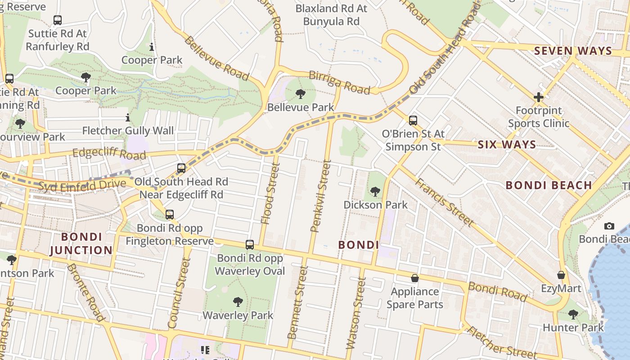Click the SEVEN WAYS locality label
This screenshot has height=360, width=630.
pyautogui.click(x=573, y=51)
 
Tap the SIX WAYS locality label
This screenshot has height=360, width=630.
pyautogui.click(x=507, y=144)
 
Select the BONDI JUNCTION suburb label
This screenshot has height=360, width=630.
pyautogui.click(x=81, y=243)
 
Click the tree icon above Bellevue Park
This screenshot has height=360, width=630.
pyautogui.click(x=301, y=94)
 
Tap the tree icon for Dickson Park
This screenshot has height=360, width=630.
pyautogui.click(x=375, y=192)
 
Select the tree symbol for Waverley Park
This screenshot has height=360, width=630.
pyautogui.click(x=238, y=302)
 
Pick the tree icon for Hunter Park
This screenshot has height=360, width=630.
pyautogui.click(x=573, y=314)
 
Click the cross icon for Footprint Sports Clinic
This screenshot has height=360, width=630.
pyautogui.click(x=539, y=97)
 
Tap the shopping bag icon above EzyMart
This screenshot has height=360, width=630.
pyautogui.click(x=561, y=275)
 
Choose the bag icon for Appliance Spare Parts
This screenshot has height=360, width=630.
pyautogui.click(x=414, y=278)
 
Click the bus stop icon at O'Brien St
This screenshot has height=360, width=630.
pyautogui.click(x=413, y=121)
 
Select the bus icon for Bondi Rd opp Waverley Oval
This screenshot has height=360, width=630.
pyautogui.click(x=250, y=245)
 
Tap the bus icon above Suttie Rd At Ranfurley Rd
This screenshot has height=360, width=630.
pyautogui.click(x=57, y=20)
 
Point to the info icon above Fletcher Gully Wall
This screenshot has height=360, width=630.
pyautogui.click(x=128, y=118)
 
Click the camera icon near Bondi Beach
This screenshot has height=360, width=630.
pyautogui.click(x=609, y=226)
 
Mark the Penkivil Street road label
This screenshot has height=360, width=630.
pyautogui.click(x=321, y=196)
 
